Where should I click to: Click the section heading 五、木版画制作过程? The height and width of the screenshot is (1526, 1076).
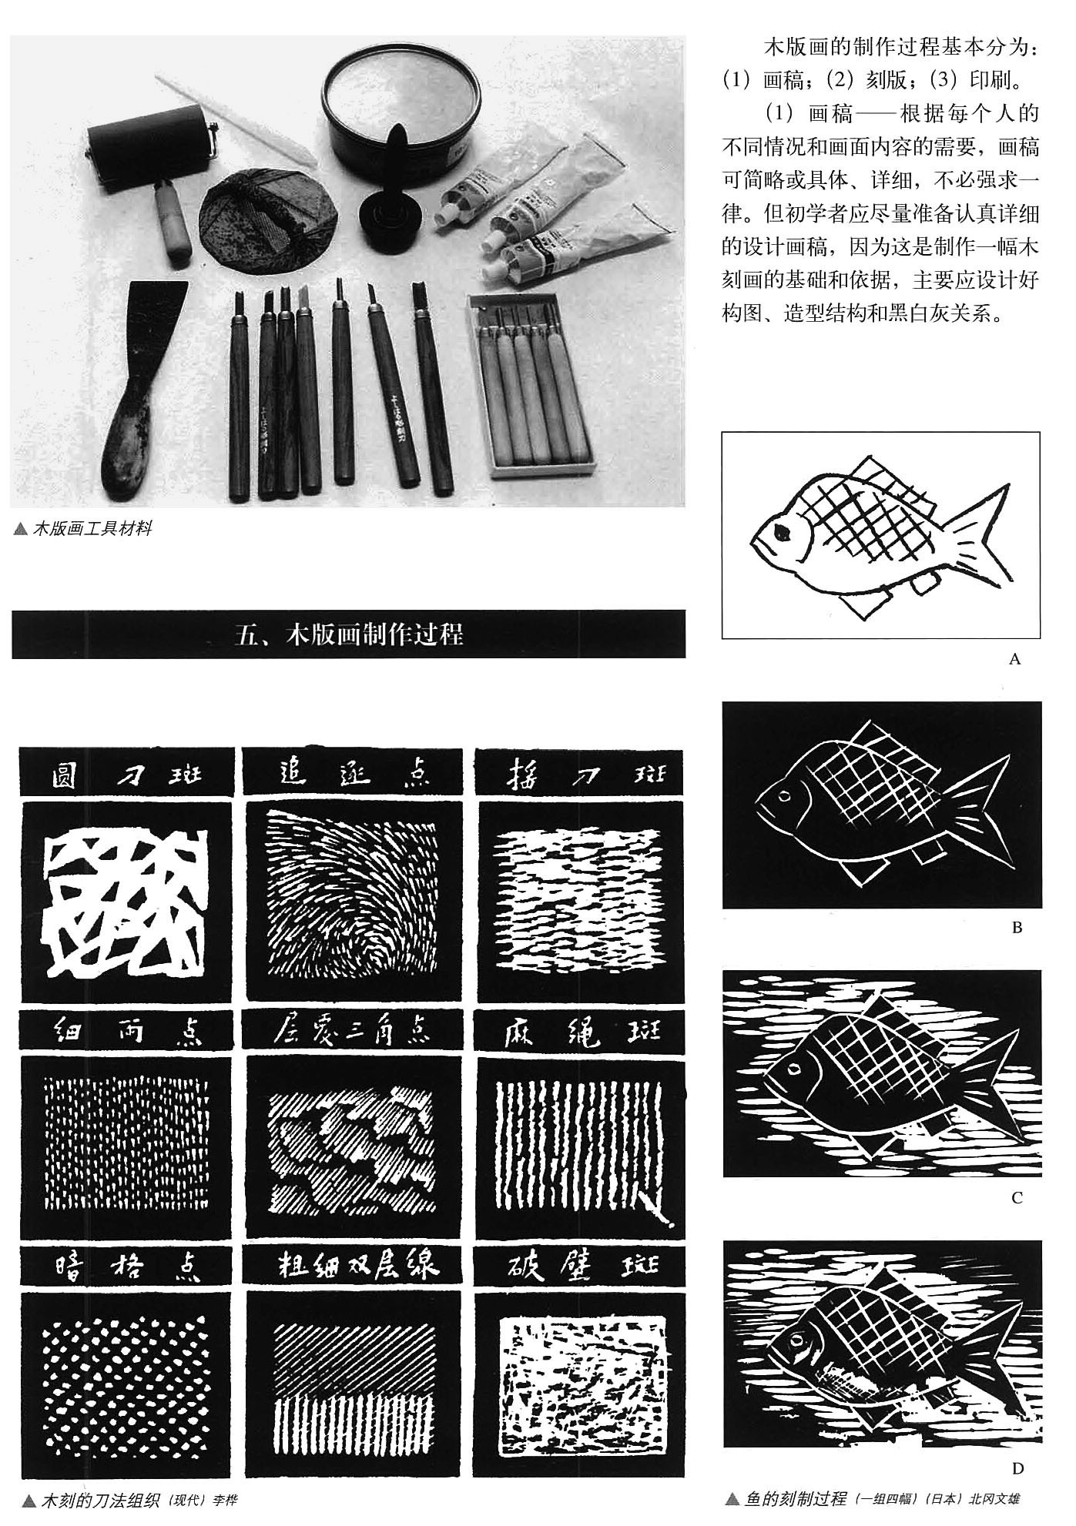tap(348, 634)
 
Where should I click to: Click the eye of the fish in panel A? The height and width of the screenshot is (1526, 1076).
tap(783, 531)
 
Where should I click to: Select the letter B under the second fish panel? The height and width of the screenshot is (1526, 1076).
tap(1016, 928)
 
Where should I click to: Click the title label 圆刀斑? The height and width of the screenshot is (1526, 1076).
tap(127, 772)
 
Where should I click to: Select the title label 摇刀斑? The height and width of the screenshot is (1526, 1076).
tap(578, 772)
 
